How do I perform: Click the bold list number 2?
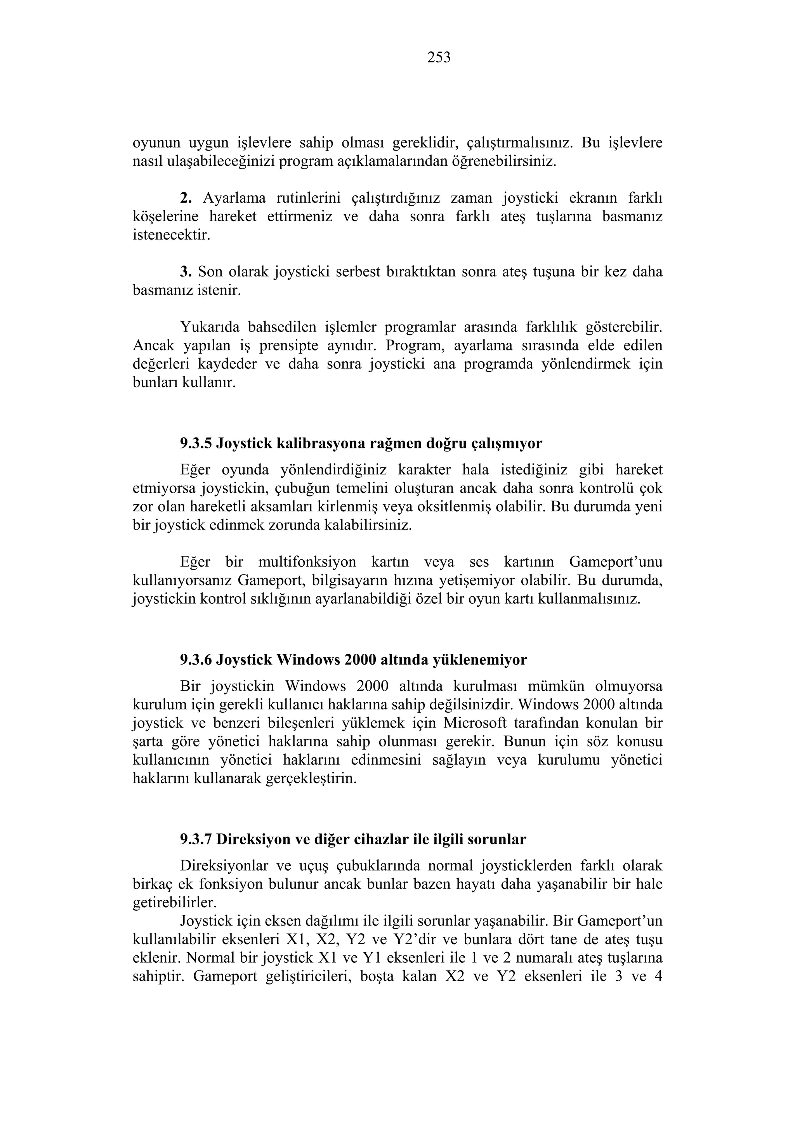pos(185,198)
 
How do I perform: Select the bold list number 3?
pos(185,271)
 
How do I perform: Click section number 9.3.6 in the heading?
pos(196,660)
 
